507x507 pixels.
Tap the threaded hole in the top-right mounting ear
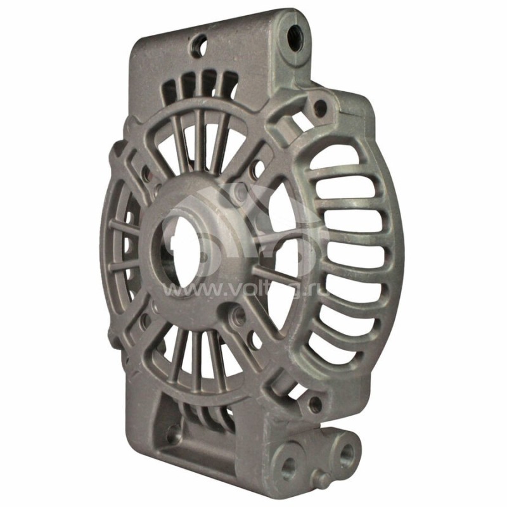coord(293,31)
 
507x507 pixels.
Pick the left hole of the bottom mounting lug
coord(289,466)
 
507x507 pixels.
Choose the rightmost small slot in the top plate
coord(229,82)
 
